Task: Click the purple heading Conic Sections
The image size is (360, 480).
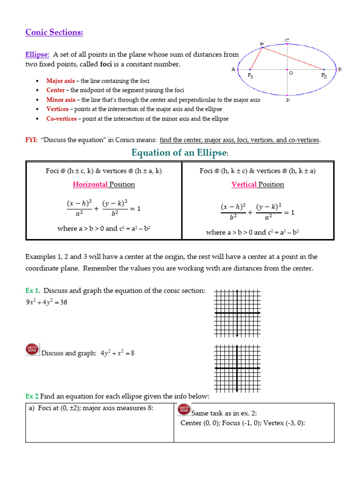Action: (x=54, y=32)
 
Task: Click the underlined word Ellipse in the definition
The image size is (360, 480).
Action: (x=37, y=55)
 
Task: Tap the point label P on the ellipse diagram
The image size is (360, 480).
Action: (x=262, y=44)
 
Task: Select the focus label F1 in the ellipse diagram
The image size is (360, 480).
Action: (x=250, y=75)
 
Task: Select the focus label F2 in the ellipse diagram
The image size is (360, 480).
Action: (x=323, y=75)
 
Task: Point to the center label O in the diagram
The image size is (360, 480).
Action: (x=291, y=74)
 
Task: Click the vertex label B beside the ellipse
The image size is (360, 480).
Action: (x=340, y=69)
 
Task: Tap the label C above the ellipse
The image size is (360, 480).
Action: (x=287, y=40)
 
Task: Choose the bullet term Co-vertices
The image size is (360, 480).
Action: (x=61, y=119)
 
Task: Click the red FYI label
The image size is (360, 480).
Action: (x=31, y=140)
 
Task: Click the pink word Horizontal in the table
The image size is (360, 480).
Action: (x=90, y=184)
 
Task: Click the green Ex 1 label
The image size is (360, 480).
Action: (x=32, y=291)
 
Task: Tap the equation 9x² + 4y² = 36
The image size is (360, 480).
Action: (x=46, y=302)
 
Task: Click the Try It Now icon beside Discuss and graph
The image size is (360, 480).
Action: (x=32, y=349)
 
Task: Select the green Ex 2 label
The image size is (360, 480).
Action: (x=32, y=397)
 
